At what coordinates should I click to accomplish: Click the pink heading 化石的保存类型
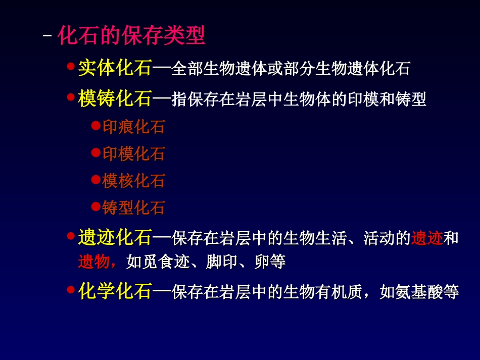[x=131, y=36]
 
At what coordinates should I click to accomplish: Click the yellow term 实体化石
[x=115, y=69]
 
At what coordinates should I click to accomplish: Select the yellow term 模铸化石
[x=115, y=99]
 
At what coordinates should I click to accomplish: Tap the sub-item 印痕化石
[x=133, y=127]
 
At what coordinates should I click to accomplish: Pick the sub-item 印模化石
[x=133, y=153]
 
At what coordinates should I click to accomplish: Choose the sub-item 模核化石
[x=133, y=181]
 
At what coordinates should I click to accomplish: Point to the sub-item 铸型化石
[x=133, y=208]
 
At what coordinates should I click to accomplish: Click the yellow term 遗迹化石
[x=115, y=237]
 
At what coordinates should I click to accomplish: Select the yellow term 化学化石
[x=115, y=292]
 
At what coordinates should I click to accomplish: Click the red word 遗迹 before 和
[x=427, y=238]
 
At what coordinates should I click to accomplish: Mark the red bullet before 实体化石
[x=71, y=66]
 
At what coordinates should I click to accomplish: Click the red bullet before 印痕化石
[x=95, y=125]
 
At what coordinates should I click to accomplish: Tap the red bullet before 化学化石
[x=71, y=289]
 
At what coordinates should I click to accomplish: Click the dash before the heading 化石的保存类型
[x=48, y=37]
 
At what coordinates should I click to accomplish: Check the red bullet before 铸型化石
[x=95, y=206]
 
